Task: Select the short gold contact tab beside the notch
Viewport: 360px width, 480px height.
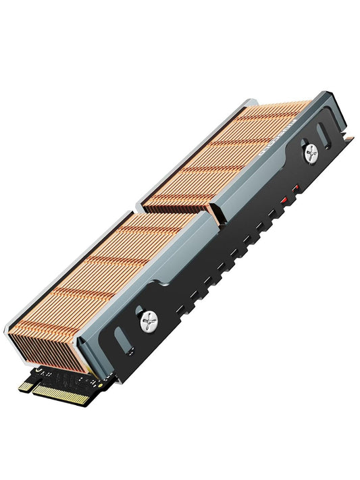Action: coord(26,386)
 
